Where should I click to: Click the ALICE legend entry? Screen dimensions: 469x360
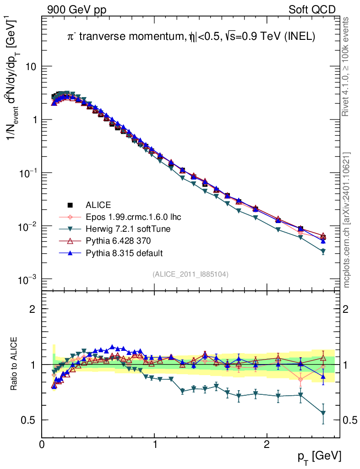tap(98, 205)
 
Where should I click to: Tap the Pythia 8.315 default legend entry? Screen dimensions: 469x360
tap(124, 253)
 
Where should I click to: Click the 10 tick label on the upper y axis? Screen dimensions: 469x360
tap(30, 66)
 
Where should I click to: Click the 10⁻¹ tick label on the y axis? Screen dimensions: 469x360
tap(27, 173)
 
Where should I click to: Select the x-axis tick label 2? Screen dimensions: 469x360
tap(267, 445)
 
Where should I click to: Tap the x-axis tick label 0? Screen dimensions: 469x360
tap(42, 445)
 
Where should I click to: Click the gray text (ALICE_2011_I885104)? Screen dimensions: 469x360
tap(190, 274)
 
